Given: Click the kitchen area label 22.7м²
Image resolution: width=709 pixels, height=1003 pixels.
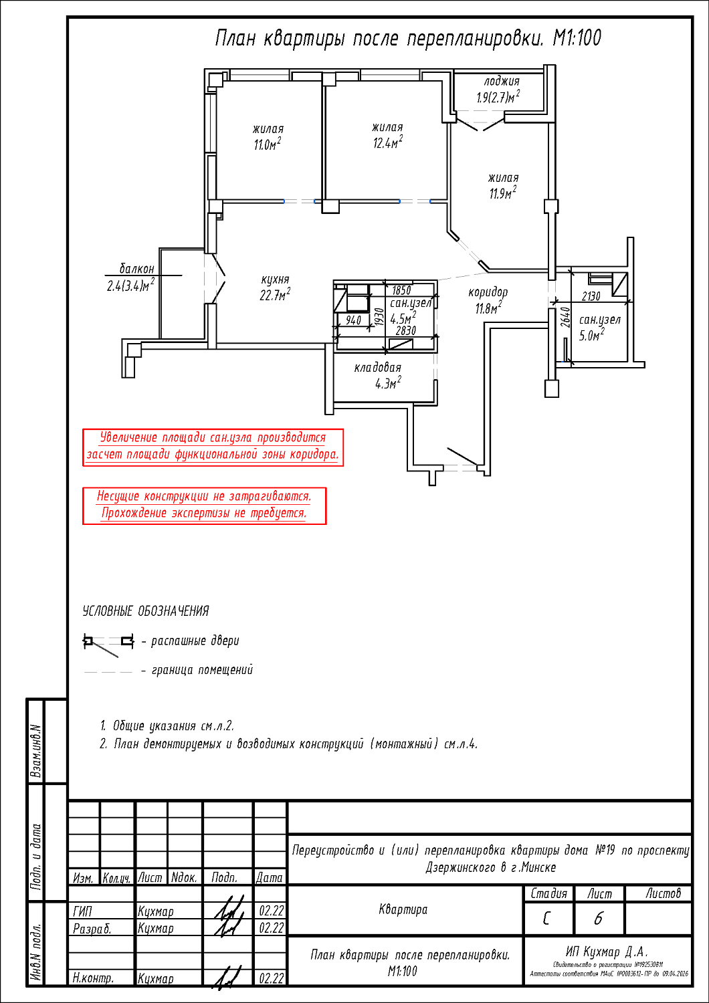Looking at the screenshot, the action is tap(274, 295).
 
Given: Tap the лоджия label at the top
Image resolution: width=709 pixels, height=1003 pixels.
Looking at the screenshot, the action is tap(502, 82).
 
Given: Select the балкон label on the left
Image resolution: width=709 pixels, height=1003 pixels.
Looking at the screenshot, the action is tap(136, 269).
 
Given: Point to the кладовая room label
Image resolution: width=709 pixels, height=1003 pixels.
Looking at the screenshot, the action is tap(377, 368).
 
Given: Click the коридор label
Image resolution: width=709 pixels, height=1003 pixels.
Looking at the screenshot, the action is tap(488, 292).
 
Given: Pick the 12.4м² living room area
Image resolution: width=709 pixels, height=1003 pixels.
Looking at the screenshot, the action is tap(388, 142).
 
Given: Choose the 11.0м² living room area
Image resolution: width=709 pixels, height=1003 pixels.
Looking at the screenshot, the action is tap(268, 144).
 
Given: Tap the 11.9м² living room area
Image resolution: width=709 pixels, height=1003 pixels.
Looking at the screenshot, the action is tap(502, 193).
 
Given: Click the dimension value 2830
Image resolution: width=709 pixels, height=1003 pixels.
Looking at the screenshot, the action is tap(406, 330).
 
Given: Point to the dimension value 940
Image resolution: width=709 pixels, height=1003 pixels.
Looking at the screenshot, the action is tap(353, 320).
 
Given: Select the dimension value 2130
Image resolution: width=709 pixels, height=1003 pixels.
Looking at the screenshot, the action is tap(591, 296).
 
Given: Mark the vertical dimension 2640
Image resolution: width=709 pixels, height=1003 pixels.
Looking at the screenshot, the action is tap(565, 317).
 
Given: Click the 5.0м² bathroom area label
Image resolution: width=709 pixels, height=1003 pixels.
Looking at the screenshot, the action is tap(592, 335).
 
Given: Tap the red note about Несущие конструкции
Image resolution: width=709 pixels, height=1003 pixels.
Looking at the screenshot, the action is tap(204, 506).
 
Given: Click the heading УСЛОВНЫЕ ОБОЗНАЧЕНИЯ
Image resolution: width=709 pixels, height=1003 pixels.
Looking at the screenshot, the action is tap(146, 611).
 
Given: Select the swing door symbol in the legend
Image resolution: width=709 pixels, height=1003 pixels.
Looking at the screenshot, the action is tap(108, 645).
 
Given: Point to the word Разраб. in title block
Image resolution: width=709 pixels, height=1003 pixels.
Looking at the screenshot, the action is tap(92, 929).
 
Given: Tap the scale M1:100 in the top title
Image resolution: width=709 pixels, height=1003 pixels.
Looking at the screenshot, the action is tap(577, 38).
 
